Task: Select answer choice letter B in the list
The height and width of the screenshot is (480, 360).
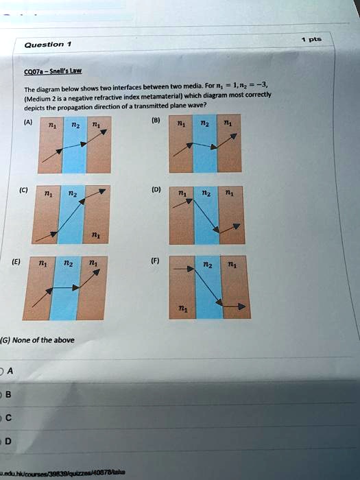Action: pos(8,394)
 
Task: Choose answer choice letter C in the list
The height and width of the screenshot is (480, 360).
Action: pos(8,418)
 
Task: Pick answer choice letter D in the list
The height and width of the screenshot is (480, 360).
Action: pos(9,441)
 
